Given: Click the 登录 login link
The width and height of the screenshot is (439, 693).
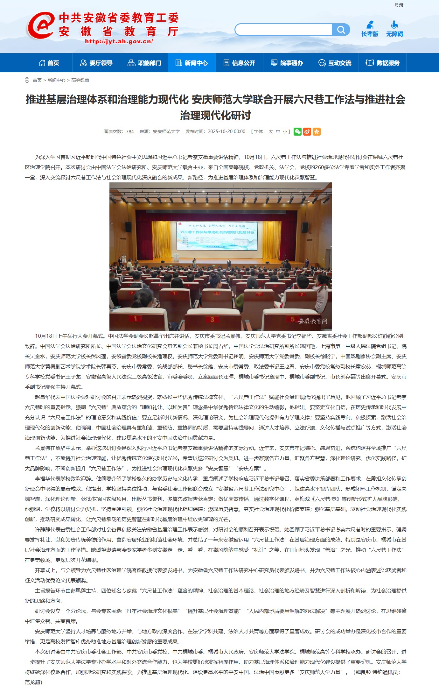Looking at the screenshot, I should (x=399, y=5).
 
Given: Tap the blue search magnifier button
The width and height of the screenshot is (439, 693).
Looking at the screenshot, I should (x=341, y=30).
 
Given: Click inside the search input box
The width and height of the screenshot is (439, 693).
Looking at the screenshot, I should (x=283, y=30).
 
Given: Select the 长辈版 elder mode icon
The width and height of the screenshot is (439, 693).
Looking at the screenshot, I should (x=370, y=29).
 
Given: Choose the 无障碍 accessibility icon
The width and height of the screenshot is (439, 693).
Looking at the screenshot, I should (x=394, y=29).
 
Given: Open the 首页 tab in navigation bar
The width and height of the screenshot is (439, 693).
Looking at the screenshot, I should (x=49, y=63).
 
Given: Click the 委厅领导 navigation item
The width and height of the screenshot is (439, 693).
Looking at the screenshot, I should (x=96, y=63).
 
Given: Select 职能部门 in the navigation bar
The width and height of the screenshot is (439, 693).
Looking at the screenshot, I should (x=144, y=63).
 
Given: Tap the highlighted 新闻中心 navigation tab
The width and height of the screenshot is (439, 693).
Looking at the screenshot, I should (x=192, y=63).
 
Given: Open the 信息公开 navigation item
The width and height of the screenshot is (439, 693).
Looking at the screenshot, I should (x=240, y=63).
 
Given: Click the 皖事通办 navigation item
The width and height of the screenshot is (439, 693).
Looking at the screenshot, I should (x=287, y=63).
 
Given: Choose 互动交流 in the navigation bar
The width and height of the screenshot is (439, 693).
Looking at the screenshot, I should (x=335, y=63).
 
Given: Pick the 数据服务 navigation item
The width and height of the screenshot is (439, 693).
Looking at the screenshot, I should (x=383, y=63).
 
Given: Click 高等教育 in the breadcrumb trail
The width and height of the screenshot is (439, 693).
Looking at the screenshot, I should (x=80, y=80).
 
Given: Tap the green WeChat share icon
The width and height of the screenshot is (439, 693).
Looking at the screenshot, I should (x=297, y=131).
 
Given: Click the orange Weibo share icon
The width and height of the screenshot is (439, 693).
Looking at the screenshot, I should (x=307, y=131).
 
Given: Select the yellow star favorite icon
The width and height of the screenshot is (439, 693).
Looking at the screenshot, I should (x=317, y=131).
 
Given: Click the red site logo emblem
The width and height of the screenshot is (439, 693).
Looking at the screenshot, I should (x=41, y=25).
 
